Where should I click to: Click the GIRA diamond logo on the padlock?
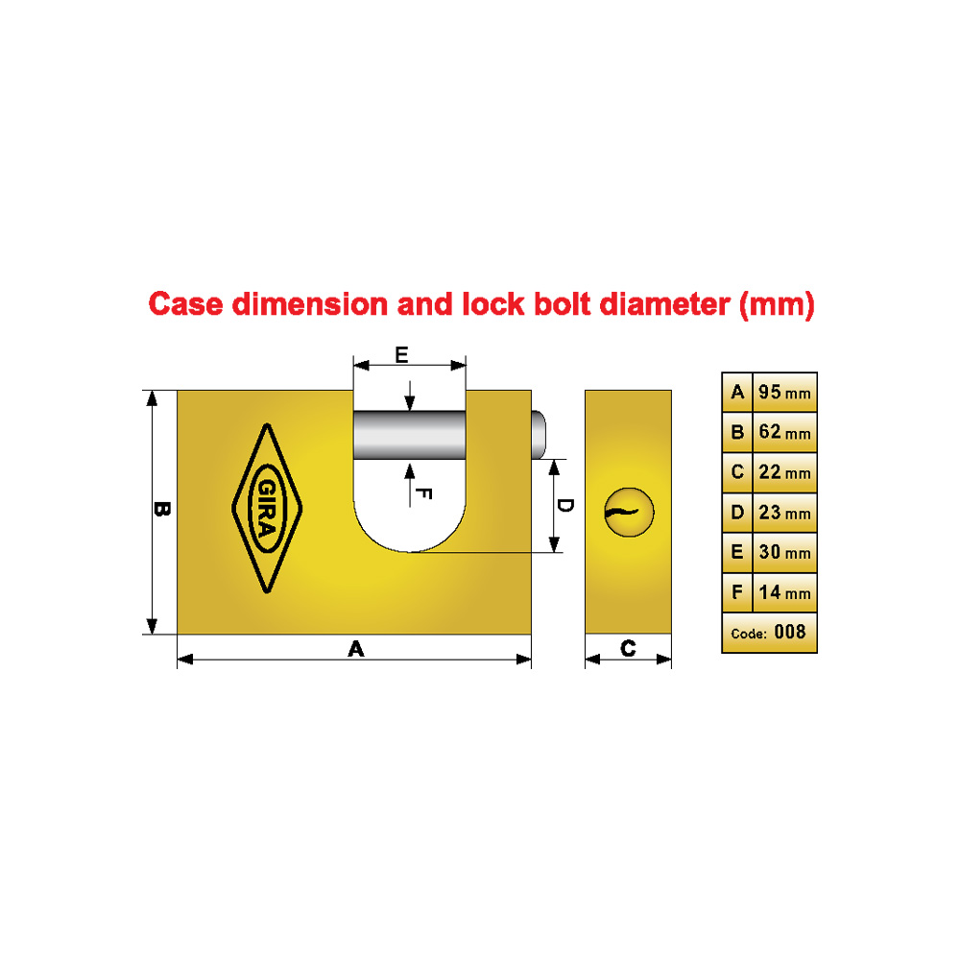pyautogui.click(x=267, y=508)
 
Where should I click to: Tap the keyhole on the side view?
pyautogui.click(x=629, y=513)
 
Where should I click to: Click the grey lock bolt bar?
pyautogui.click(x=410, y=435)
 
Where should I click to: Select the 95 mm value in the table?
pyautogui.click(x=784, y=392)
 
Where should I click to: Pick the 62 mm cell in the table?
pyautogui.click(x=784, y=432)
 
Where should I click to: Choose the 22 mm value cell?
pyautogui.click(x=784, y=472)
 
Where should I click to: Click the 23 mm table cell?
pyautogui.click(x=784, y=513)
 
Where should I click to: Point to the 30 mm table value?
pyautogui.click(x=784, y=552)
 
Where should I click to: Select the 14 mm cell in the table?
pyautogui.click(x=784, y=592)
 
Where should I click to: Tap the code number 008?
pyautogui.click(x=790, y=632)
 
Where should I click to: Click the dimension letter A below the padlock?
pyautogui.click(x=356, y=648)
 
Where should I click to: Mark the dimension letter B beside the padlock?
pyautogui.click(x=162, y=509)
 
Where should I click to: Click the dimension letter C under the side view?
pyautogui.click(x=628, y=648)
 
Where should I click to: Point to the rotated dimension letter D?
pyautogui.click(x=565, y=506)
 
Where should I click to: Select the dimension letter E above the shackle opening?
pyautogui.click(x=401, y=355)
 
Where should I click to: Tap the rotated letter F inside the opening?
pyautogui.click(x=423, y=493)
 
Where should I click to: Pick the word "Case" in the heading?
pyautogui.click(x=186, y=304)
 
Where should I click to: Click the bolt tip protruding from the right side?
pyautogui.click(x=539, y=435)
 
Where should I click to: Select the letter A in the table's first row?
pyautogui.click(x=737, y=392)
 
